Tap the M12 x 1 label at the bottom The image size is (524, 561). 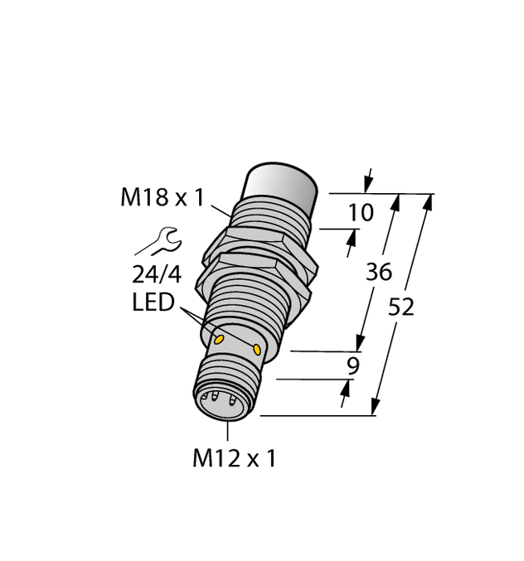click(x=234, y=458)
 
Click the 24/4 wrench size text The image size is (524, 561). click(x=155, y=274)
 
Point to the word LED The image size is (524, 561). click(x=153, y=303)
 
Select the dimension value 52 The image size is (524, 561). click(x=401, y=307)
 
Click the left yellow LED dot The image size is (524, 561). click(x=220, y=339)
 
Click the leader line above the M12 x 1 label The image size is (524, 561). click(x=229, y=430)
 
